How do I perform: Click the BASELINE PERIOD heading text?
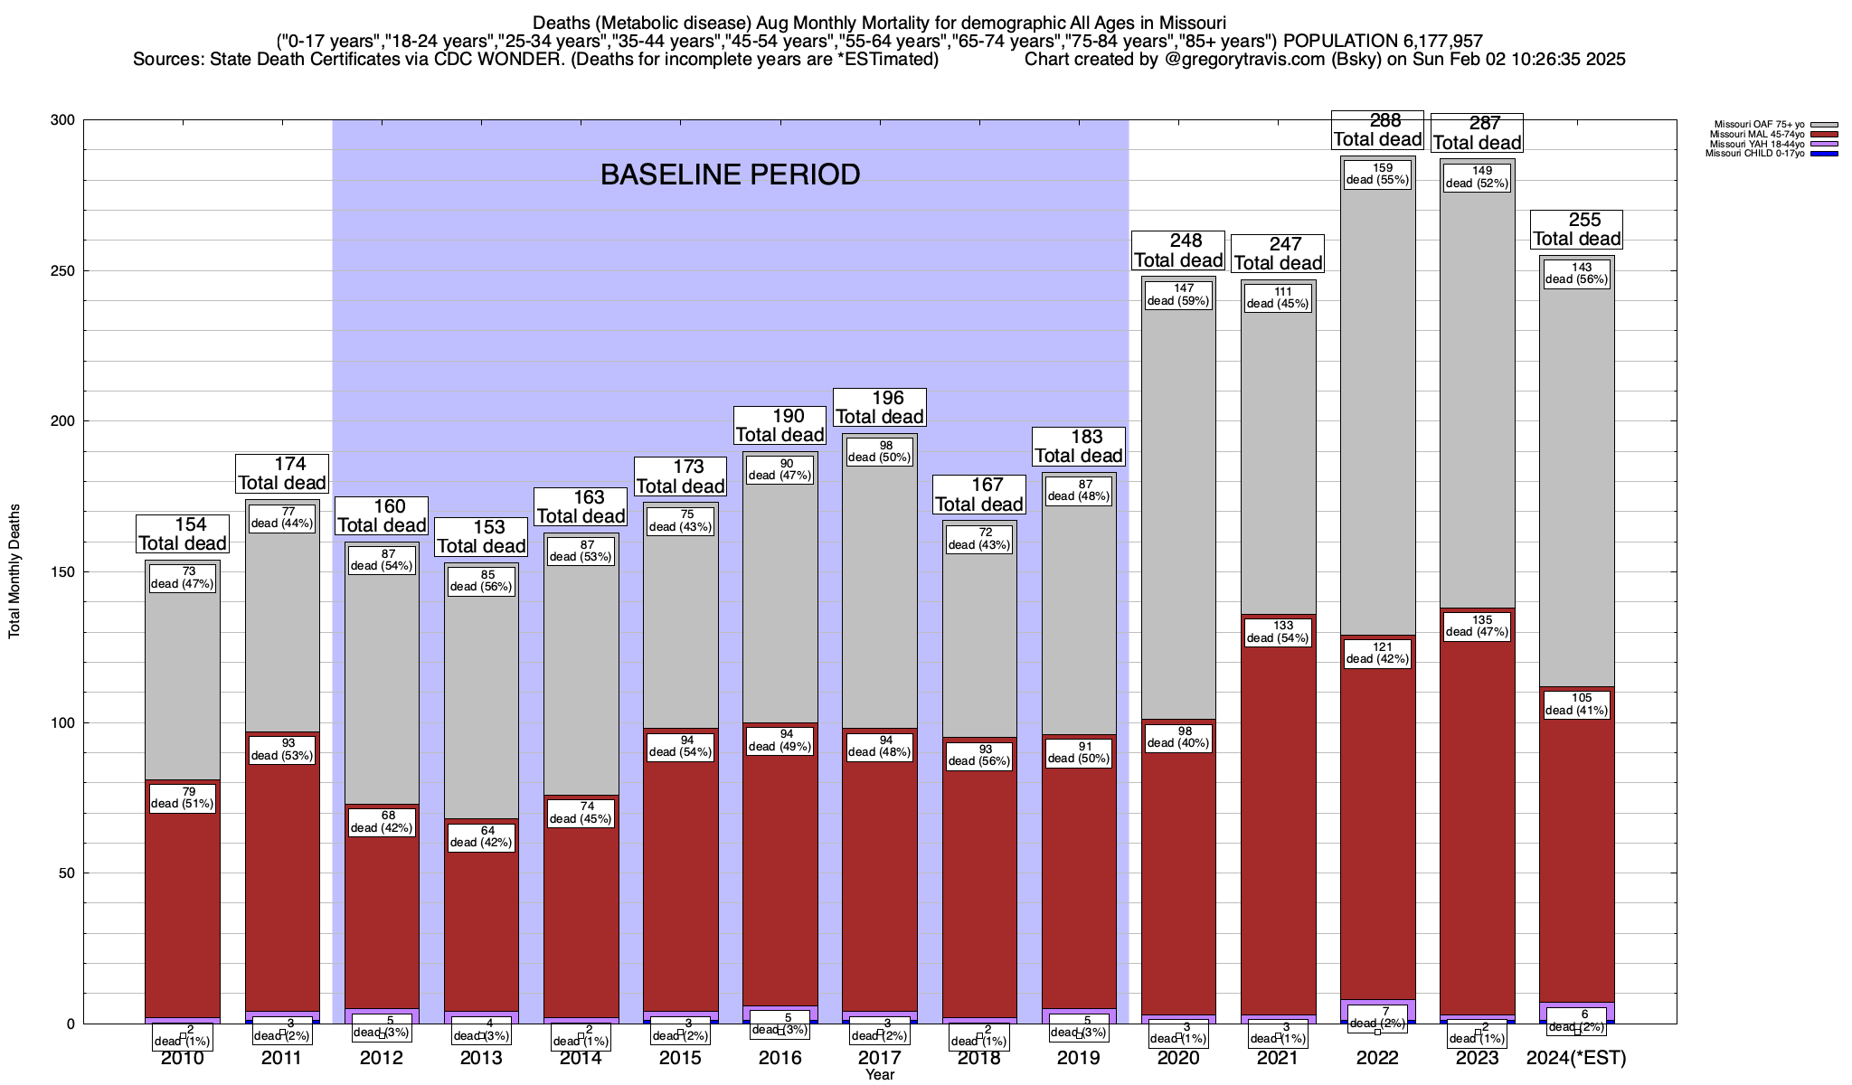pyautogui.click(x=730, y=175)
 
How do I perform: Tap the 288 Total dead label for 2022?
pyautogui.click(x=1378, y=130)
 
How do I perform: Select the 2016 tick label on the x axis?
pyautogui.click(x=780, y=1058)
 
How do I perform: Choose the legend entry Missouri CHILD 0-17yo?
pyautogui.click(x=1754, y=154)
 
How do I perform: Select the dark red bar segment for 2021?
pyautogui.click(x=1278, y=814)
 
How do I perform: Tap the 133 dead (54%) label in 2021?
pyautogui.click(x=1278, y=631)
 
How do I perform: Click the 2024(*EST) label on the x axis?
pyautogui.click(x=1576, y=1058)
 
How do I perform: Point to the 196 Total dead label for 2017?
pyautogui.click(x=880, y=407)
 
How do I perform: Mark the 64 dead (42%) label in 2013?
pyautogui.click(x=481, y=835)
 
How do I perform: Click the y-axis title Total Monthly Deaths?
pyautogui.click(x=14, y=571)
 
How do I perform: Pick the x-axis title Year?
pyautogui.click(x=879, y=1075)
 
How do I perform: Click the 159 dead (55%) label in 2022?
pyautogui.click(x=1377, y=173)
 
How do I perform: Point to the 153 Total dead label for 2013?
pyautogui.click(x=481, y=536)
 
